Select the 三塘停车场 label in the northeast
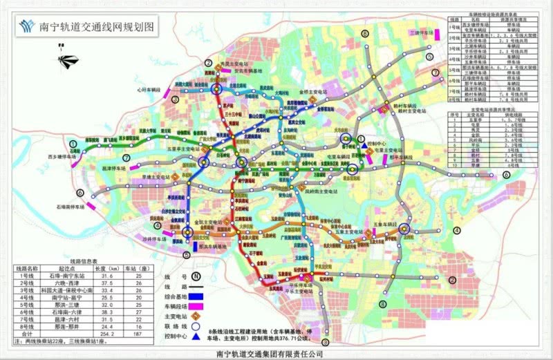[x=422, y=32]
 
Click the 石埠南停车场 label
[x=70, y=206]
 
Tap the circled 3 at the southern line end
[x=326, y=341]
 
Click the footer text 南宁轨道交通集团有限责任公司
[x=276, y=353]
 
